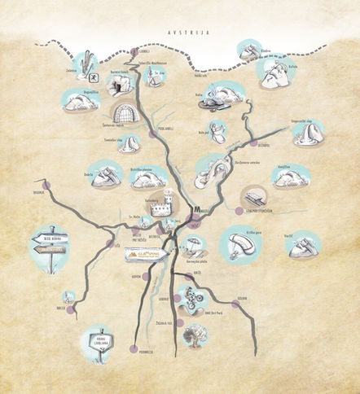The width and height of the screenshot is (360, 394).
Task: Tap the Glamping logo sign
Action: tap(147, 256)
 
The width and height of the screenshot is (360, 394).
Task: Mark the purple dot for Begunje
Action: tap(47, 186)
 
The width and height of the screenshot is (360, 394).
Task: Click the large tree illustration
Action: tap(194, 335)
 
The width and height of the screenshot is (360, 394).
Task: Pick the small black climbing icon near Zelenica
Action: tap(94, 77)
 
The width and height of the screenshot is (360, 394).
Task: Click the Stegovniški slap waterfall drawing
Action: tap(309, 133)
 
